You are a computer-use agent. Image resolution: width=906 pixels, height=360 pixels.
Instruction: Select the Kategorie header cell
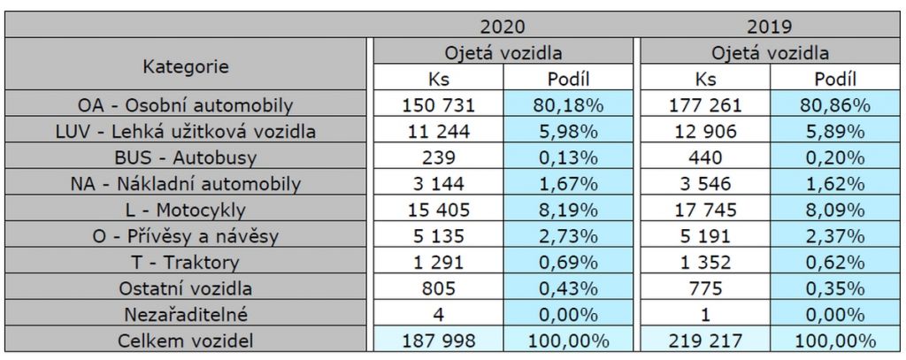point(186,65)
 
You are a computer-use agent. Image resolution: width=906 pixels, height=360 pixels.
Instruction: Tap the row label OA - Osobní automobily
point(186,106)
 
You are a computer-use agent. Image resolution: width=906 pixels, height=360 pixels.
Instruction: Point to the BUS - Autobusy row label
point(186,158)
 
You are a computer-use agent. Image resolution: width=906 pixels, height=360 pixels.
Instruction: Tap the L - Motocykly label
point(186,211)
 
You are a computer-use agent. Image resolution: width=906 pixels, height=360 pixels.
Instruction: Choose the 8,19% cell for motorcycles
point(569,211)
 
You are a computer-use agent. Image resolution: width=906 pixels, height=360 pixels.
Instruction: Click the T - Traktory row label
point(186,262)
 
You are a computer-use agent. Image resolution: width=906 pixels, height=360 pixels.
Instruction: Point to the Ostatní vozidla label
point(186,288)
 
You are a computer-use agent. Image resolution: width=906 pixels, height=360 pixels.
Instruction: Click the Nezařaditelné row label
point(186,314)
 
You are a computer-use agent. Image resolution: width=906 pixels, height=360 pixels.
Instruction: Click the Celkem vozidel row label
point(186,341)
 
